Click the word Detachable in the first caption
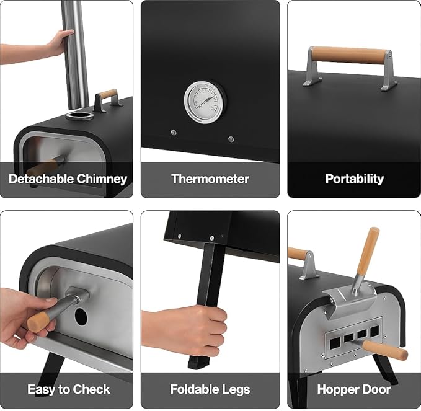pos(41,179)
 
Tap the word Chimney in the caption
pos(102,179)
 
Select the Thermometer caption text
pos(210,179)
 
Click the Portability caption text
pos(354,179)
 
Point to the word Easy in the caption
pos(42,389)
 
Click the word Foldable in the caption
pos(192,389)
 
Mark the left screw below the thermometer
pos(174,132)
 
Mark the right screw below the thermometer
pos(231,139)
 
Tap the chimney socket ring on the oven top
pos(80,116)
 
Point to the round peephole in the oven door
pos(81,316)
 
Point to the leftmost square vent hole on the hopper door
pos(335,343)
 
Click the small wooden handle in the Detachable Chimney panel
pos(108,94)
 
